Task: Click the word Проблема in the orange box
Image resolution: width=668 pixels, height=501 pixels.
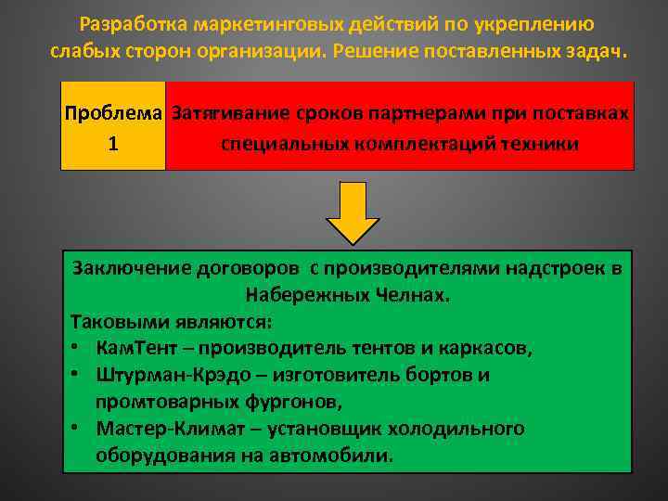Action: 113,113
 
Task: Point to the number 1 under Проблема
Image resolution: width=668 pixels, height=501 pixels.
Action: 112,144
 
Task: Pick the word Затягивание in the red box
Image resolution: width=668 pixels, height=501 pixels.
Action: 229,113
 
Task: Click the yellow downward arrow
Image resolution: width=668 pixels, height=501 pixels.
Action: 352,212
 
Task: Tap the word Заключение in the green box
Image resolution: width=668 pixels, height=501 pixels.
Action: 131,268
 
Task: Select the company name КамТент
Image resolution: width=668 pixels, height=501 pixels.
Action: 131,349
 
